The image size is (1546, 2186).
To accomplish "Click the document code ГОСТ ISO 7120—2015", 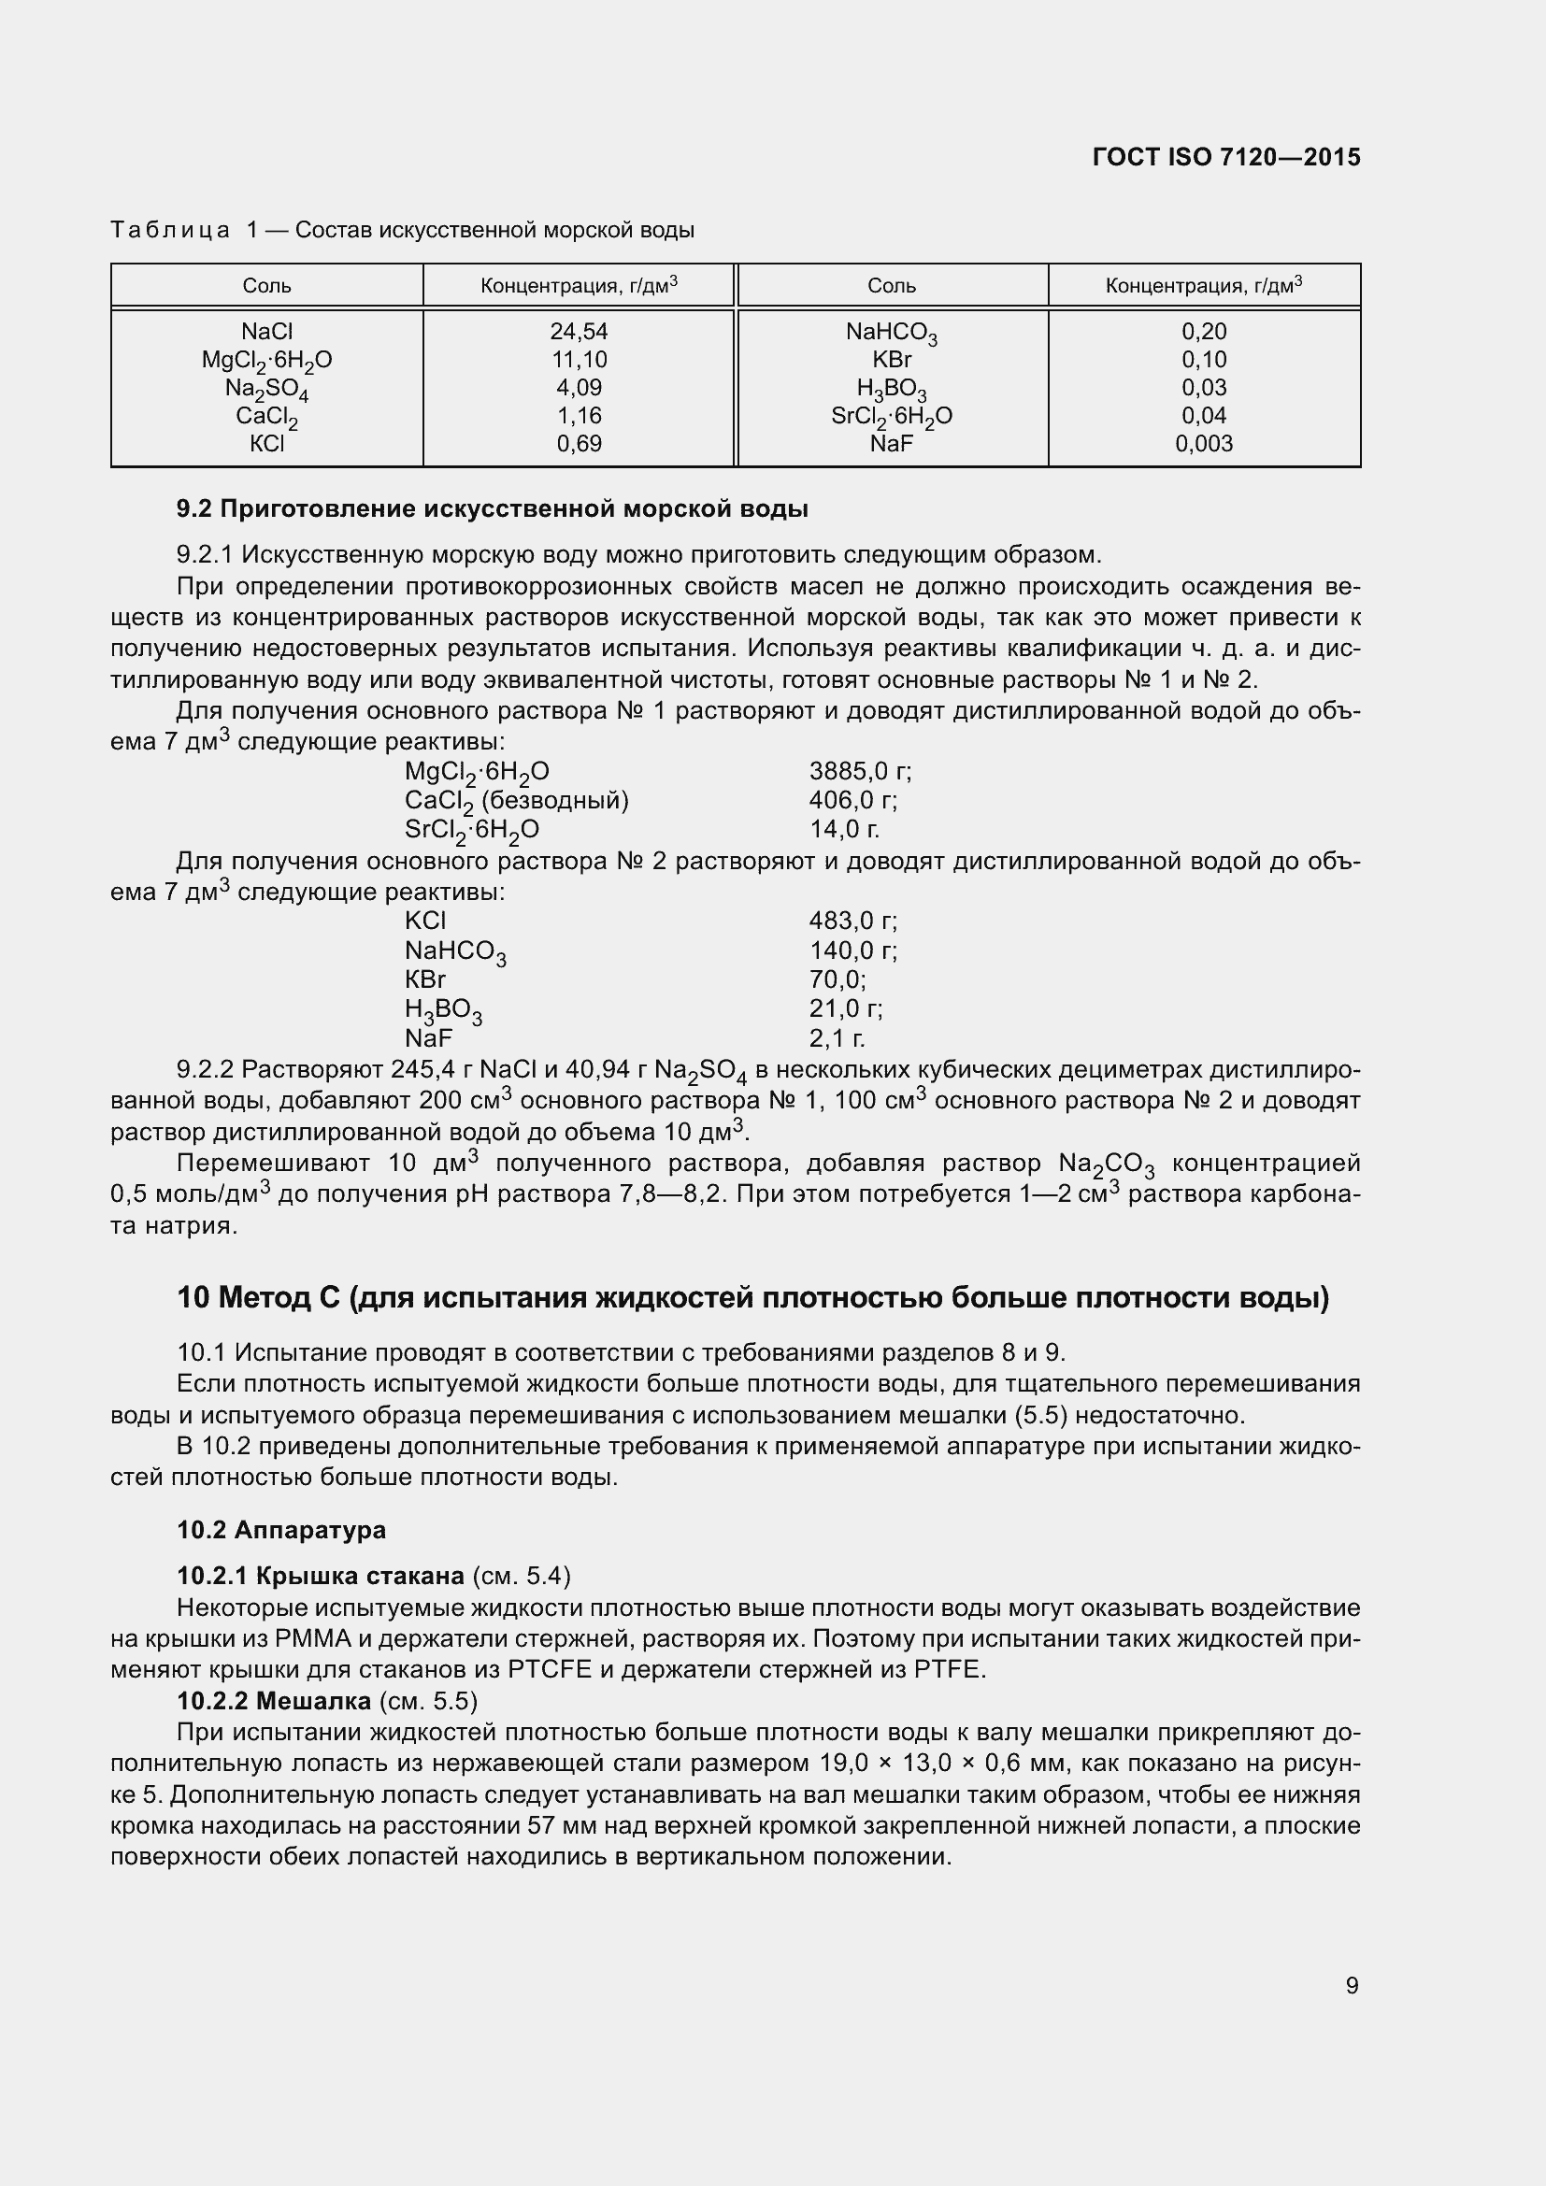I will tap(1225, 157).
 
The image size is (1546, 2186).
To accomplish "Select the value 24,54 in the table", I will tap(578, 332).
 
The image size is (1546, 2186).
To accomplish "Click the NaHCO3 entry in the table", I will tap(891, 333).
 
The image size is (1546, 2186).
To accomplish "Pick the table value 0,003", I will tap(1203, 444).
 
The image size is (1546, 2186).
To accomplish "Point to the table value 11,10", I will tap(578, 359).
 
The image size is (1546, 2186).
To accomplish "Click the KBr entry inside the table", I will tap(891, 359).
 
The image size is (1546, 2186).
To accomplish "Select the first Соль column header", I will tap(266, 286).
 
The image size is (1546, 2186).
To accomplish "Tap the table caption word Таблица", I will tap(169, 231).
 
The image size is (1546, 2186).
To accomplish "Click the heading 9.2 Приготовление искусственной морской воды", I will tap(493, 509).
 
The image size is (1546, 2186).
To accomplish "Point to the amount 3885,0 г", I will tap(860, 771).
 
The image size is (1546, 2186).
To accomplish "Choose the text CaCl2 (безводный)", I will tap(516, 801).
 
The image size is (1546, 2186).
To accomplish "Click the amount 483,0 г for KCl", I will tap(852, 921).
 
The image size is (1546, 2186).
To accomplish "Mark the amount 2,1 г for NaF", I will tap(837, 1037).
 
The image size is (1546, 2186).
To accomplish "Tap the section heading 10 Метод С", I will tap(752, 1298).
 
